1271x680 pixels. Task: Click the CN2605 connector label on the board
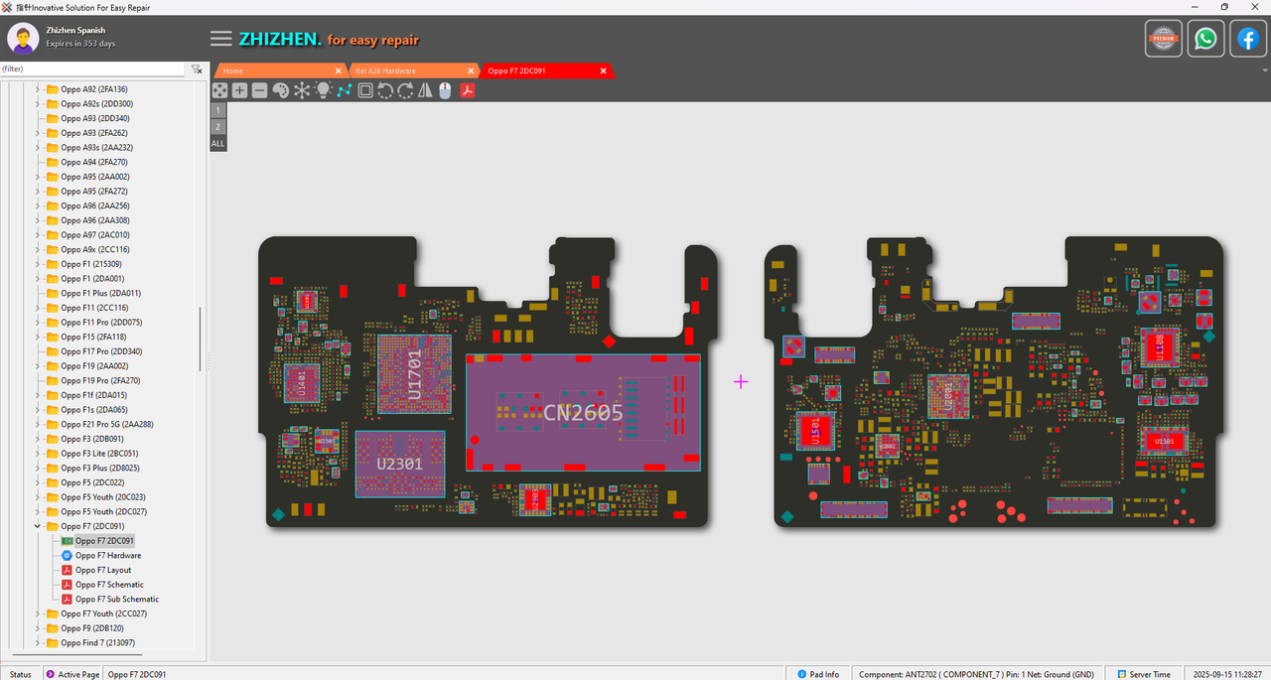583,411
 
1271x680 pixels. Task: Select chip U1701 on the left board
414,374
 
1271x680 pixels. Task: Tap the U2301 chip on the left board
399,463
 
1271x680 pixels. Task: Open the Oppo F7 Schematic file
111,585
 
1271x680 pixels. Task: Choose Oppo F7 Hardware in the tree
108,556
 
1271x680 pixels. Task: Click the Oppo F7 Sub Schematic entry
117,600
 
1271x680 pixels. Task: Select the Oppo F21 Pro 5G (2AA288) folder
106,425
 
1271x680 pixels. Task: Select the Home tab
233,70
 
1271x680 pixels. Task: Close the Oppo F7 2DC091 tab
603,70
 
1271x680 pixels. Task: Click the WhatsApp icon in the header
1205,39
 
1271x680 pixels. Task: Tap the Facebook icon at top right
1247,39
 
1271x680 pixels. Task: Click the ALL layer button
217,144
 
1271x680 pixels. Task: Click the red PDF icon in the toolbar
466,90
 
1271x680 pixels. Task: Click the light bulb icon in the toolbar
323,90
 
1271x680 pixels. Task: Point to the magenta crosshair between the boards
740,381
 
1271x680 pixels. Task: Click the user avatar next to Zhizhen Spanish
23,39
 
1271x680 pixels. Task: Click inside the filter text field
91,69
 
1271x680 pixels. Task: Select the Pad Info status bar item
818,674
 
